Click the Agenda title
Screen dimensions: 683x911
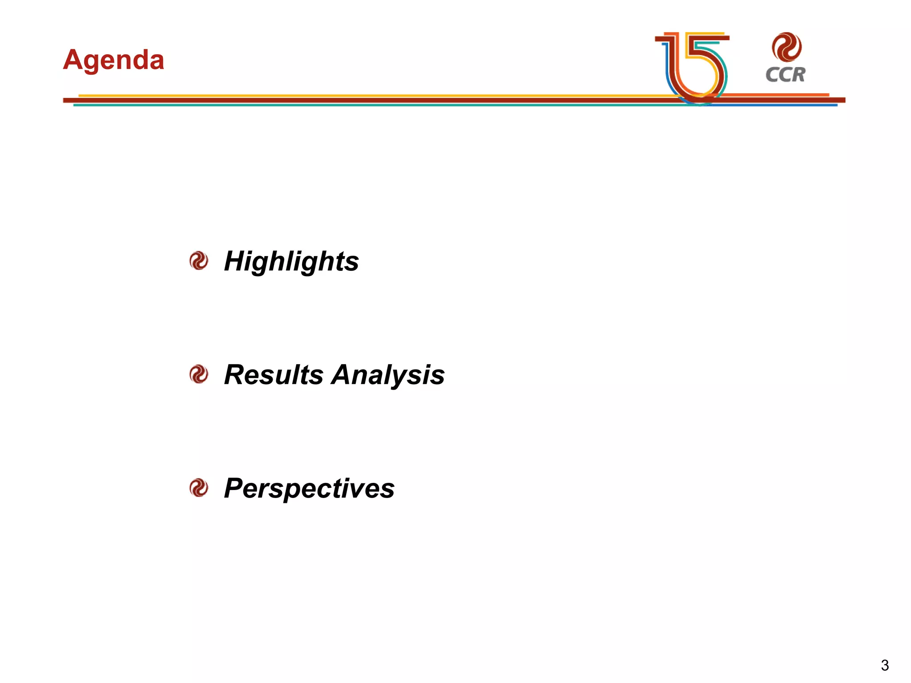pos(113,60)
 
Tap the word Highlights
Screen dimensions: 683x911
pos(291,261)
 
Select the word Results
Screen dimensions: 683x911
pos(274,374)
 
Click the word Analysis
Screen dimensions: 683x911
pos(388,374)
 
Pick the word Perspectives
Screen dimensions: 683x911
pos(309,488)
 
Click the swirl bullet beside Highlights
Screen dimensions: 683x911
pos(198,261)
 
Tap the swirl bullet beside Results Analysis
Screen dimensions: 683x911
pos(198,374)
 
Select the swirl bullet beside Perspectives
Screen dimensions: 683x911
pos(198,488)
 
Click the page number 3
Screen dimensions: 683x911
pos(884,665)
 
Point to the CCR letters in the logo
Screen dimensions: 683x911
pos(786,75)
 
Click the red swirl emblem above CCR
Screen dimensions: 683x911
pos(786,47)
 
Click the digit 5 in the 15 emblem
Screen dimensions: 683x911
pos(705,67)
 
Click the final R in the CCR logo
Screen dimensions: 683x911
pos(798,75)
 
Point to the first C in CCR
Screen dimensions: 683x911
pos(772,75)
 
